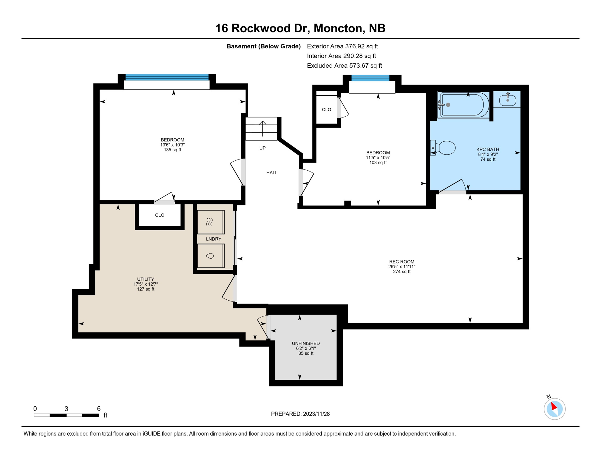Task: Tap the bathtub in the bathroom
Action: (464, 105)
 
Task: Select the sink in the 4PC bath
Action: (508, 99)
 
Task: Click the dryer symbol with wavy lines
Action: (210, 222)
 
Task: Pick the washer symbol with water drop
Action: (210, 256)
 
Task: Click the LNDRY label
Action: (213, 239)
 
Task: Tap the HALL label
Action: (272, 173)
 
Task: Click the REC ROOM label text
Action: (401, 262)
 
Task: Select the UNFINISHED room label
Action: (306, 343)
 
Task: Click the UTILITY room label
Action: (146, 279)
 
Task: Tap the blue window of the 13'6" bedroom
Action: (167, 77)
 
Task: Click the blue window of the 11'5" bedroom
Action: (370, 78)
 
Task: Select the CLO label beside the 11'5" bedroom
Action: (326, 110)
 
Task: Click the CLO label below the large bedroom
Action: (160, 215)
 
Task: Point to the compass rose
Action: (554, 409)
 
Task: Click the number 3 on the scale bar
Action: (66, 409)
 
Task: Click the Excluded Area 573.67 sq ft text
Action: (344, 66)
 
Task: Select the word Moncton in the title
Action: (338, 28)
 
